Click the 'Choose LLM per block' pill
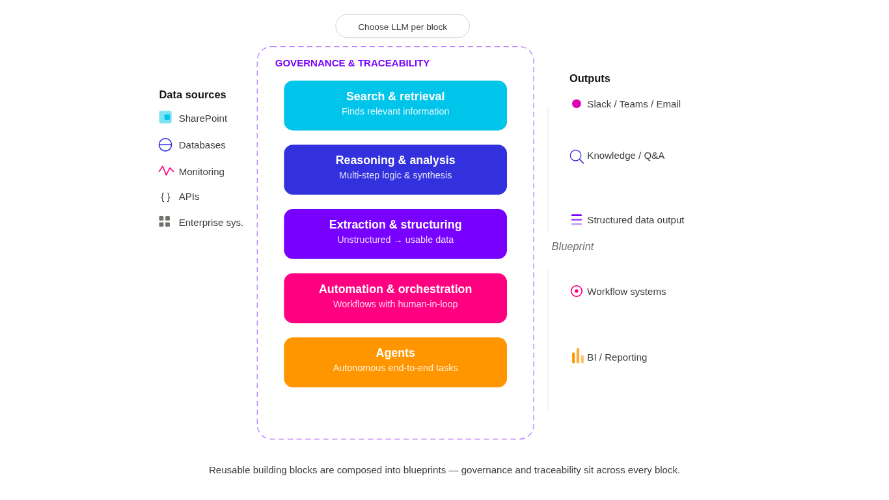point(402,27)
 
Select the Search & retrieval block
point(395,105)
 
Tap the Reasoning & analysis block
point(395,169)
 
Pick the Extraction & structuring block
point(395,234)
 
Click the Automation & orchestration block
point(395,298)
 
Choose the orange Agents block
point(395,362)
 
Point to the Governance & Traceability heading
point(353,63)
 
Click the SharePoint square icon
point(165,117)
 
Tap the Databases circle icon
point(165,145)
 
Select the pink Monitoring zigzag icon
point(167,171)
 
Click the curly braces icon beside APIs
point(165,197)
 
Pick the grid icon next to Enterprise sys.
point(165,221)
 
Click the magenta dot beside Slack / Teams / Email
point(577,104)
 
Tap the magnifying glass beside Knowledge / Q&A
point(576,156)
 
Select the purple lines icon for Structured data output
point(577,219)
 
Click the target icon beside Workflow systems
point(577,291)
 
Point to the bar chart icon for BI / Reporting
point(578,356)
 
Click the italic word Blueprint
point(572,247)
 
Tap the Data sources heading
point(193,94)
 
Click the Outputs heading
point(590,79)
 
